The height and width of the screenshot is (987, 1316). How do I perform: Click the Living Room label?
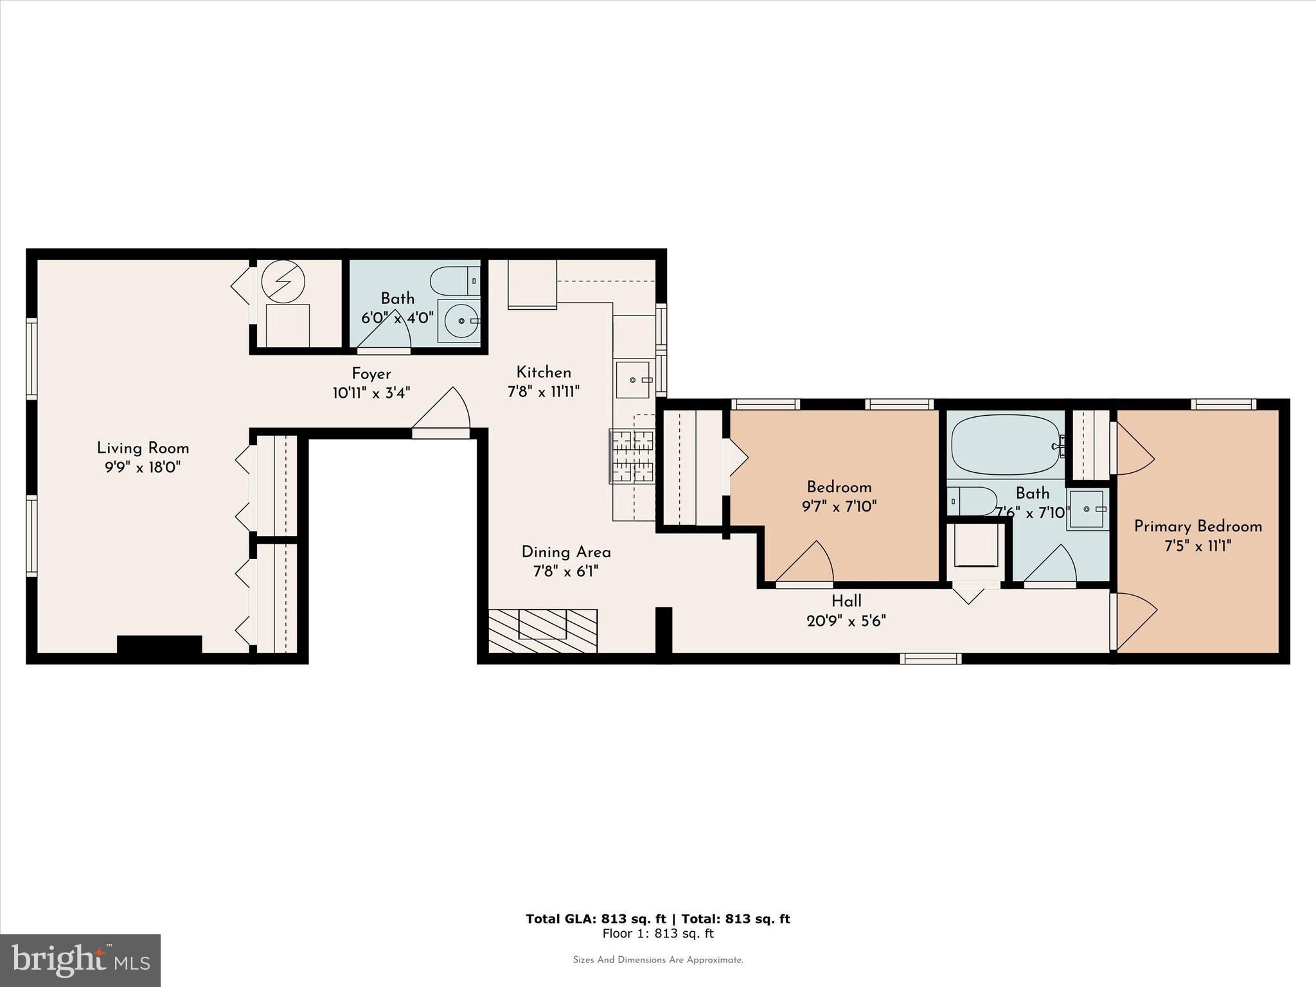(143, 448)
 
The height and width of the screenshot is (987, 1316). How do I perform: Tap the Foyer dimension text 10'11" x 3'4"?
(371, 393)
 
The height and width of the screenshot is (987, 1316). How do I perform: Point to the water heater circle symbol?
(283, 281)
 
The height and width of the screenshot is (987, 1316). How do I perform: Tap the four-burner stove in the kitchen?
(632, 456)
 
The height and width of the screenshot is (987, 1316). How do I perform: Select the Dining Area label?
(565, 552)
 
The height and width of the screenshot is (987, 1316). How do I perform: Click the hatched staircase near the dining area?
(543, 630)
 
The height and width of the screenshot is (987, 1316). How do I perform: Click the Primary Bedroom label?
(1198, 526)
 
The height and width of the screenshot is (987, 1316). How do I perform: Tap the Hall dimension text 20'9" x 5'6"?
(846, 621)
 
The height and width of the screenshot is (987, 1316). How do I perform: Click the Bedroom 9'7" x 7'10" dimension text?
(839, 506)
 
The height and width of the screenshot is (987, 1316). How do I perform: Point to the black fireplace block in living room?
(159, 644)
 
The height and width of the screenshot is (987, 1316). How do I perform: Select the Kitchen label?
(544, 372)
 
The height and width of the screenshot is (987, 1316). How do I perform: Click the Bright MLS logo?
(80, 960)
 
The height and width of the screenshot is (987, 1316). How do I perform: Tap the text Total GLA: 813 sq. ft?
(596, 919)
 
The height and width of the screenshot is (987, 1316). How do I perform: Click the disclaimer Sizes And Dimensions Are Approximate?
(658, 960)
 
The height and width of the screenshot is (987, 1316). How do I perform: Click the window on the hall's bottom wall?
(930, 659)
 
